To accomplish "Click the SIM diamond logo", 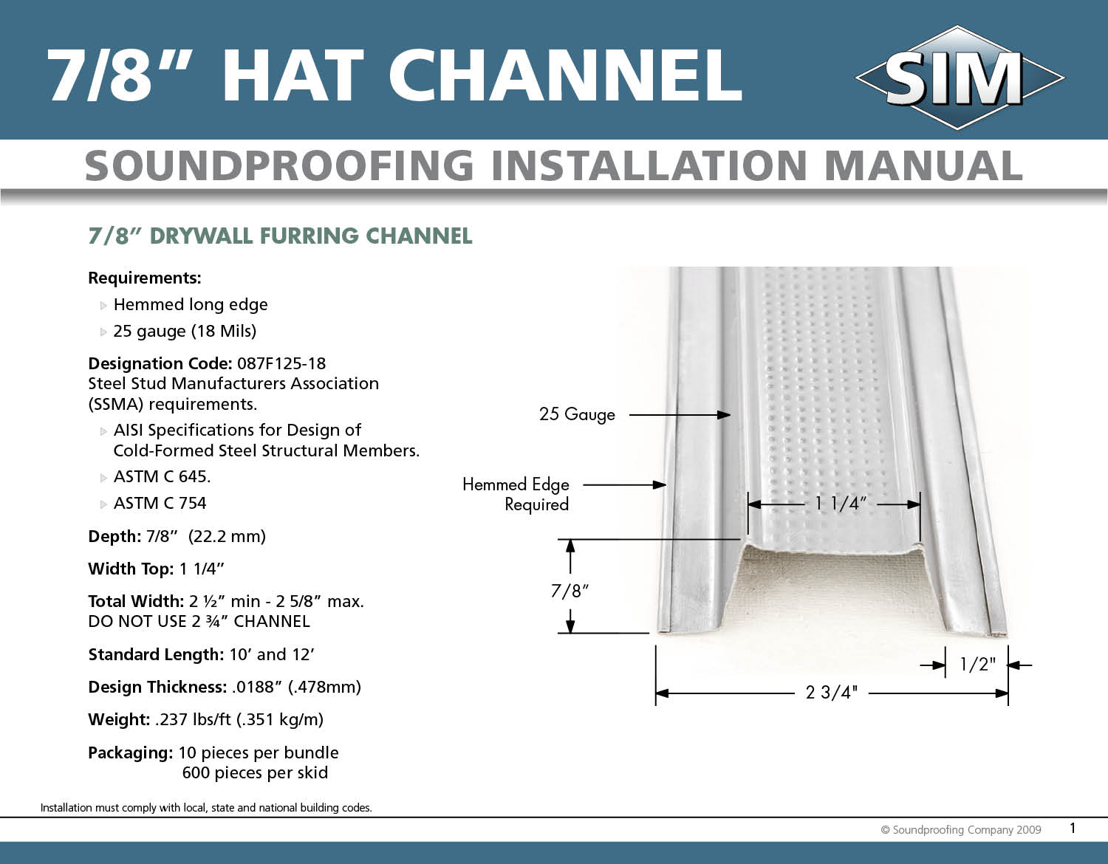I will coord(959,78).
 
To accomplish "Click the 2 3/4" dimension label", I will coord(831,693).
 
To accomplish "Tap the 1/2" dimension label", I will coord(977,665).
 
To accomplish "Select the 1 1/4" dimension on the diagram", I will coord(840,504).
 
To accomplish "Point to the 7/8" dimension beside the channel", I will coord(570,591).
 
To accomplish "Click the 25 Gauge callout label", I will coord(577,414).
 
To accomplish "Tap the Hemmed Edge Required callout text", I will coord(516,494).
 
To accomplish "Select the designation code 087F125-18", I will coord(281,363).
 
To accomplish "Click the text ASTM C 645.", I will coord(162,477).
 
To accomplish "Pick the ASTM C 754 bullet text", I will coord(160,504).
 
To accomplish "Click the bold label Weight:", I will coord(119,719).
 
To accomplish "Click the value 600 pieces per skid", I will coord(255,773).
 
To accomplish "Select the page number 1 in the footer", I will coord(1073,828).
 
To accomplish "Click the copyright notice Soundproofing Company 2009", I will coord(961,830).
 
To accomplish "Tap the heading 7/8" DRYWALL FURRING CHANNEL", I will coord(280,236).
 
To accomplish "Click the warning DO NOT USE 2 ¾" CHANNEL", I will coord(199,622).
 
